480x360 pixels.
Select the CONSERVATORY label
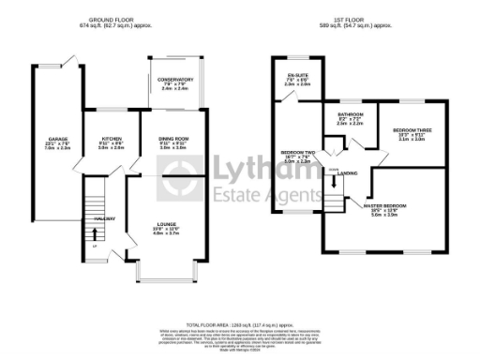coord(174,80)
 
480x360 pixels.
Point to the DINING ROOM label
coord(174,138)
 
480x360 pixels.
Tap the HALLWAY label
coord(104,219)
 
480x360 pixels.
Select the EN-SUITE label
coord(291,74)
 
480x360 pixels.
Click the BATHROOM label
coord(351,115)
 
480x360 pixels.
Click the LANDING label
coord(348,172)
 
